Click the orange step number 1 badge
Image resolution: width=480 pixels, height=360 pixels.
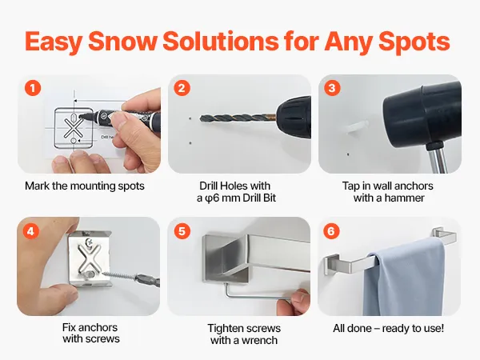point(33,88)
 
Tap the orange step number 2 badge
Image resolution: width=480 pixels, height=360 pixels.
point(182,88)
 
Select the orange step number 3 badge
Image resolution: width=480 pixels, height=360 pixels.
point(332,88)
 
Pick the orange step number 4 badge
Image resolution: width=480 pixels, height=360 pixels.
point(31,231)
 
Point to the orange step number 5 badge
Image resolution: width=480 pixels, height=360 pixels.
point(182,231)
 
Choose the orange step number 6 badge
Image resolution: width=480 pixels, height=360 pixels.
point(331,231)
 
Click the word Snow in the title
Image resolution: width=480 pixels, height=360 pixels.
point(122,42)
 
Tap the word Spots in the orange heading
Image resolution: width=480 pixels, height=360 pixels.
point(414,42)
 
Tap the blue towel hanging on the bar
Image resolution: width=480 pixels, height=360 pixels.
point(404,278)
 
